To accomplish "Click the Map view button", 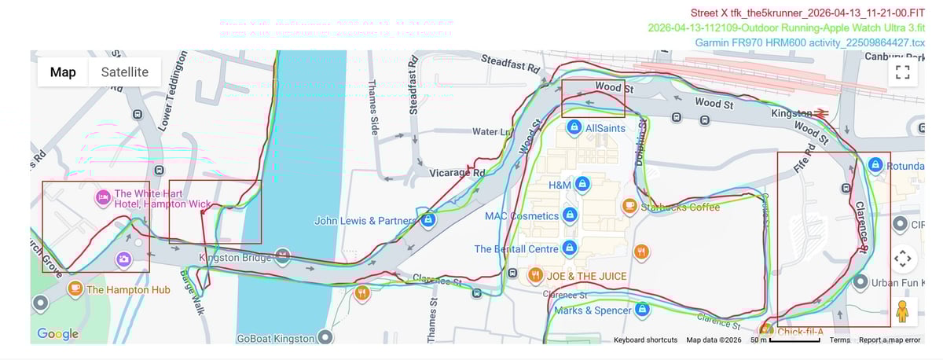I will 63,72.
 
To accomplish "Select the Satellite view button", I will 119,72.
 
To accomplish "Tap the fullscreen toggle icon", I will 902,73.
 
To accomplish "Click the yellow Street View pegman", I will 902,312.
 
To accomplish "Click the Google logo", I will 57,334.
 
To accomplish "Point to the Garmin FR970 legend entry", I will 809,42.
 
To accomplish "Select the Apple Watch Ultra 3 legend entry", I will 786,28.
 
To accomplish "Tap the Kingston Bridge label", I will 235,258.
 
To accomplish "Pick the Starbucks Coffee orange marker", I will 629,206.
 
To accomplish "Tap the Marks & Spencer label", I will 592,310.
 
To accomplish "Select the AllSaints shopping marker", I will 574,127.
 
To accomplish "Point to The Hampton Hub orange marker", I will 75,288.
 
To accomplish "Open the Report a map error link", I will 889,340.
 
